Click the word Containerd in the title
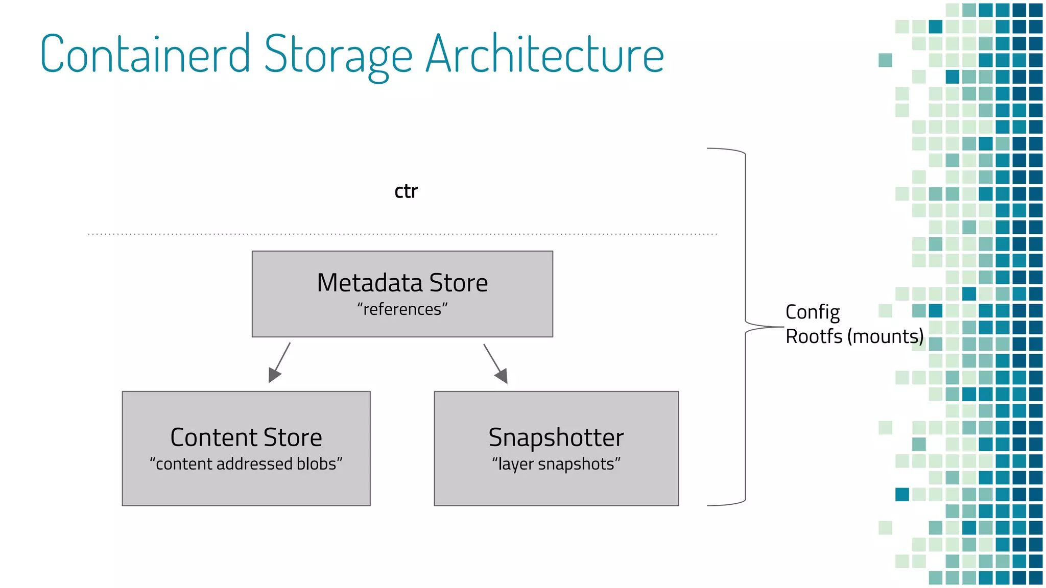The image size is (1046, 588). pyautogui.click(x=145, y=54)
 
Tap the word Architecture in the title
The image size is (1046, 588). pyautogui.click(x=544, y=54)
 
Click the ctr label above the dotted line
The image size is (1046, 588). pyautogui.click(x=406, y=191)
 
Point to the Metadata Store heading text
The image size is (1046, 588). pyautogui.click(x=402, y=283)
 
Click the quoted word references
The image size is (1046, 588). pyautogui.click(x=402, y=309)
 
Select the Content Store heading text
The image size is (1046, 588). pyautogui.click(x=246, y=437)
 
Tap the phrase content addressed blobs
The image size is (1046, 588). pyautogui.click(x=246, y=464)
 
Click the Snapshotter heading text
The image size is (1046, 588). pyautogui.click(x=556, y=437)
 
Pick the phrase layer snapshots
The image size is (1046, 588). pyautogui.click(x=556, y=464)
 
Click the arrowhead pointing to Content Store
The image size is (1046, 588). pyautogui.click(x=274, y=376)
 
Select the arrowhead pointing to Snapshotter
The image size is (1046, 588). pyautogui.click(x=502, y=376)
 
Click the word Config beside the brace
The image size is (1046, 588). pyautogui.click(x=812, y=312)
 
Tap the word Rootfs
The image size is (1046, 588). pyautogui.click(x=814, y=337)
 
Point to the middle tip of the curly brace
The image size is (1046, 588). pyautogui.click(x=781, y=327)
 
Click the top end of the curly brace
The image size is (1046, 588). pyautogui.click(x=708, y=149)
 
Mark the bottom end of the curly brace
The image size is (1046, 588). pyautogui.click(x=708, y=505)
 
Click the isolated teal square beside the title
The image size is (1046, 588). pyautogui.click(x=885, y=60)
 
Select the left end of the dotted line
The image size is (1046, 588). pyautogui.click(x=89, y=234)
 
